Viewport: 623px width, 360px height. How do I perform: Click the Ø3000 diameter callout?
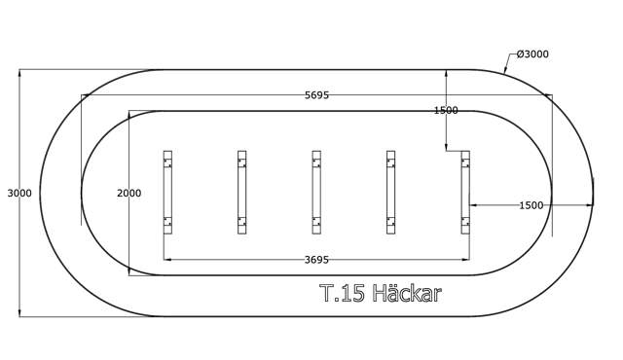tap(532, 54)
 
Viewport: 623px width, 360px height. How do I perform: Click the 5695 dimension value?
tap(316, 95)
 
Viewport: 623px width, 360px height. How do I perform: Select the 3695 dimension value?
tap(316, 260)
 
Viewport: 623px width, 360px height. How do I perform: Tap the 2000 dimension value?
tap(129, 194)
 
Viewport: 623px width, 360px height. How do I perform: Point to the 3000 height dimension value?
tap(19, 194)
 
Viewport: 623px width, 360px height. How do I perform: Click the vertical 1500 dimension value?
tap(446, 110)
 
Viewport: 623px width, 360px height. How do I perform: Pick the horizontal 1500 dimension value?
tap(531, 205)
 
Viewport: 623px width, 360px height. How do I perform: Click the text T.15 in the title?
tap(342, 294)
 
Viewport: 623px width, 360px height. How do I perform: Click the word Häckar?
tap(407, 294)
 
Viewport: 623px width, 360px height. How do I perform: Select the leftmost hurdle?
tap(167, 193)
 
